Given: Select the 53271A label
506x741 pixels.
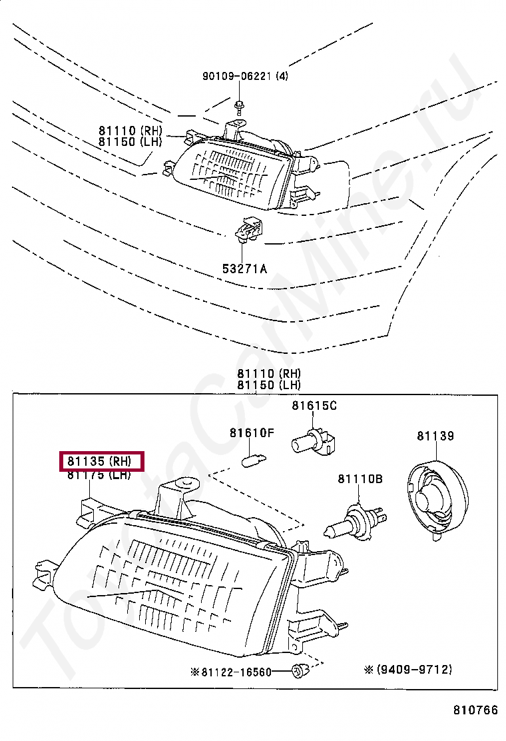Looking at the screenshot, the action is coord(244,269).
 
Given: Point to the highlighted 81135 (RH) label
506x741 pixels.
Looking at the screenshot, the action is coord(103,460).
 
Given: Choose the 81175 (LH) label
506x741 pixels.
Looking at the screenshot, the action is coord(99,475).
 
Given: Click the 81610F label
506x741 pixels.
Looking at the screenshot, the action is coord(252,433).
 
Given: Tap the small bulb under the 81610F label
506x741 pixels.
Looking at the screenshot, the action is coord(252,458).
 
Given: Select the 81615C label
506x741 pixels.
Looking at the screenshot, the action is coord(314,405).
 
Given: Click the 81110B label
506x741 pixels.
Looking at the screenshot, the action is coord(360,478).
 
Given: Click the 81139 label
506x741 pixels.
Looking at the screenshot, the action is coord(435,436).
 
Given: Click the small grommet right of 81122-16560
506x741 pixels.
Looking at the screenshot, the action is coord(299,670).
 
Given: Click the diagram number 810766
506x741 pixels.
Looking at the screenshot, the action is coord(475,710).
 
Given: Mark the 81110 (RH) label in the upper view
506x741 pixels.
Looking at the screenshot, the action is coord(130,131).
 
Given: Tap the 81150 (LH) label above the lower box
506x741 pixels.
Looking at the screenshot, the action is coord(269,385).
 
